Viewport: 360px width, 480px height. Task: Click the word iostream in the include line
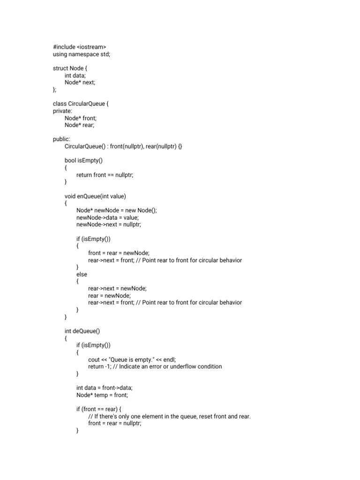click(x=92, y=47)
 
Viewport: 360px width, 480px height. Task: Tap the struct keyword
click(x=60, y=68)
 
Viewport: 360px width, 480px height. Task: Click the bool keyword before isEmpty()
click(x=70, y=161)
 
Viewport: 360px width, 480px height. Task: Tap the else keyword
click(x=82, y=274)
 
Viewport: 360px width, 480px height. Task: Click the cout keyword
click(x=94, y=360)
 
